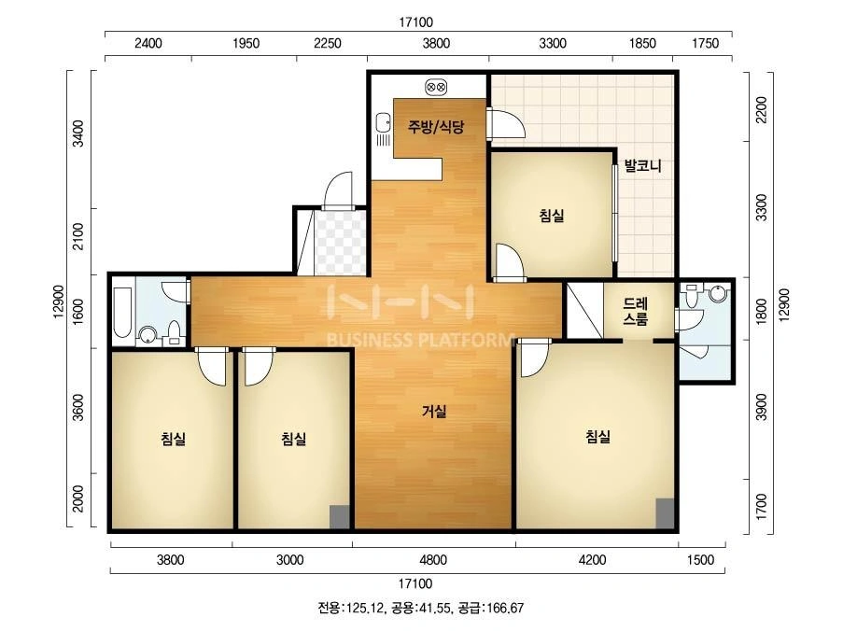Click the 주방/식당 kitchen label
(435, 127)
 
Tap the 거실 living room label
(434, 412)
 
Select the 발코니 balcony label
(642, 165)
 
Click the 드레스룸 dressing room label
(636, 311)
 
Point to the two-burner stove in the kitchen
(436, 87)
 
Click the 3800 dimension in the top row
(435, 44)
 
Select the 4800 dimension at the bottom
(433, 560)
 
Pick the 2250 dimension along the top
(328, 44)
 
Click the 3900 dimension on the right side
(761, 408)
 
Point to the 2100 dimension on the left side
(78, 236)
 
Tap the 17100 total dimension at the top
(415, 22)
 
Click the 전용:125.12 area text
(351, 609)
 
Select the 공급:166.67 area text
(490, 609)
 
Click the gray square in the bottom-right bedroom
(665, 513)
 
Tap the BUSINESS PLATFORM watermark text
(420, 340)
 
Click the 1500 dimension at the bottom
(700, 560)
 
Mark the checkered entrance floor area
(340, 243)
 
